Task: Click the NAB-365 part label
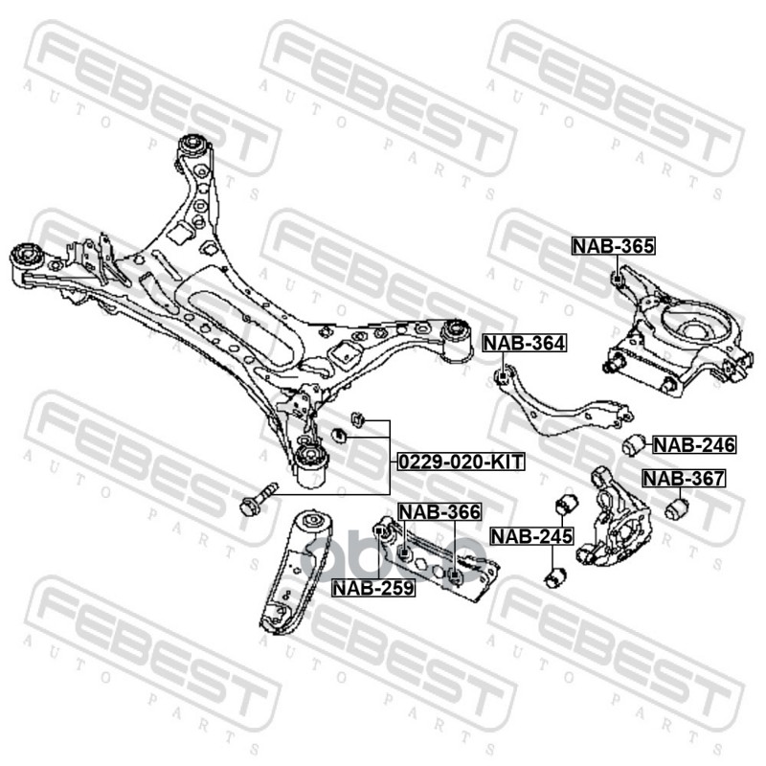click(614, 246)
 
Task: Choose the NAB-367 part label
click(684, 479)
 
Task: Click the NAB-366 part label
click(439, 512)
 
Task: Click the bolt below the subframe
click(257, 497)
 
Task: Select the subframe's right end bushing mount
click(459, 335)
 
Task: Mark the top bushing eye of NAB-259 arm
click(308, 522)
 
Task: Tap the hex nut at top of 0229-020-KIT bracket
click(356, 417)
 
